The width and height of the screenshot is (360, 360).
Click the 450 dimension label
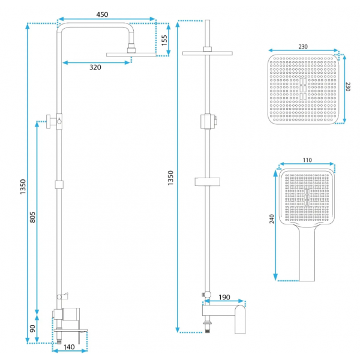pos(102,14)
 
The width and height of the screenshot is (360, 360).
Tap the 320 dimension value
pos(95,67)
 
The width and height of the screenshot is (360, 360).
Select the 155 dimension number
pos(164,40)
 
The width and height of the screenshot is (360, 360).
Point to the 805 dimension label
pos(32,217)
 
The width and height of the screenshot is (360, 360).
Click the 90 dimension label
pos(32,328)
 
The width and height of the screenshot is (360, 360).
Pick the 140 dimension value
pos(69,347)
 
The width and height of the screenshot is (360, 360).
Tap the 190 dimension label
pos(224,298)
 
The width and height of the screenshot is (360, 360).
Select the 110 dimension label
pos(307,160)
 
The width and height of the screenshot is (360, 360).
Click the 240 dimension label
pos(272,219)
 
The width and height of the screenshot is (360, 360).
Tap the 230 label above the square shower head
pos(303,47)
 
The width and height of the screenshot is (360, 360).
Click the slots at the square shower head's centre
pos(303,89)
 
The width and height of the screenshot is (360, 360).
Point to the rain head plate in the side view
pos(208,53)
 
